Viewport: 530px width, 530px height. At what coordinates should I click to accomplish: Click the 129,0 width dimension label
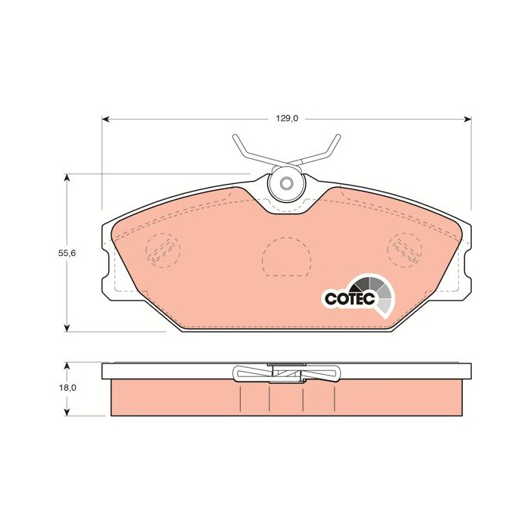point(287,119)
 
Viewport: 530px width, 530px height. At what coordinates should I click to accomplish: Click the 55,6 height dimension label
point(67,253)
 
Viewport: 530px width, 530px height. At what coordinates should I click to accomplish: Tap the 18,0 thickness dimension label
point(67,388)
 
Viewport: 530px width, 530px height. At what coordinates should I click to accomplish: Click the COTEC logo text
point(350,298)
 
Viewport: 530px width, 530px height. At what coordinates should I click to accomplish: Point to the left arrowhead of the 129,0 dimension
point(105,119)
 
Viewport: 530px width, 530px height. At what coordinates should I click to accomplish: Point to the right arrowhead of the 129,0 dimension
point(467,119)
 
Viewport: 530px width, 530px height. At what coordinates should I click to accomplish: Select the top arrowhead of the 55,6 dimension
point(67,178)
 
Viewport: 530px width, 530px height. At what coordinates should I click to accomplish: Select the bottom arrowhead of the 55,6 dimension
point(67,328)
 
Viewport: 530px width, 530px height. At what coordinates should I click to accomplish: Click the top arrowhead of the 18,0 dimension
point(67,366)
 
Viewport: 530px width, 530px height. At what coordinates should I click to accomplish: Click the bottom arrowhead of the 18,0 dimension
point(67,412)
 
